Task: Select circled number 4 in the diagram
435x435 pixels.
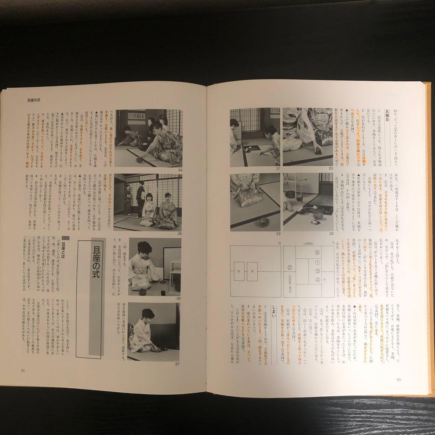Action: pyautogui.click(x=317, y=280)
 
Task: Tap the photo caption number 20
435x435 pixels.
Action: pyautogui.click(x=331, y=169)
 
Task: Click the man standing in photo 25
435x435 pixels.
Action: pyautogui.click(x=140, y=199)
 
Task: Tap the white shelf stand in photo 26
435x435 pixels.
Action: pyautogui.click(x=174, y=274)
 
